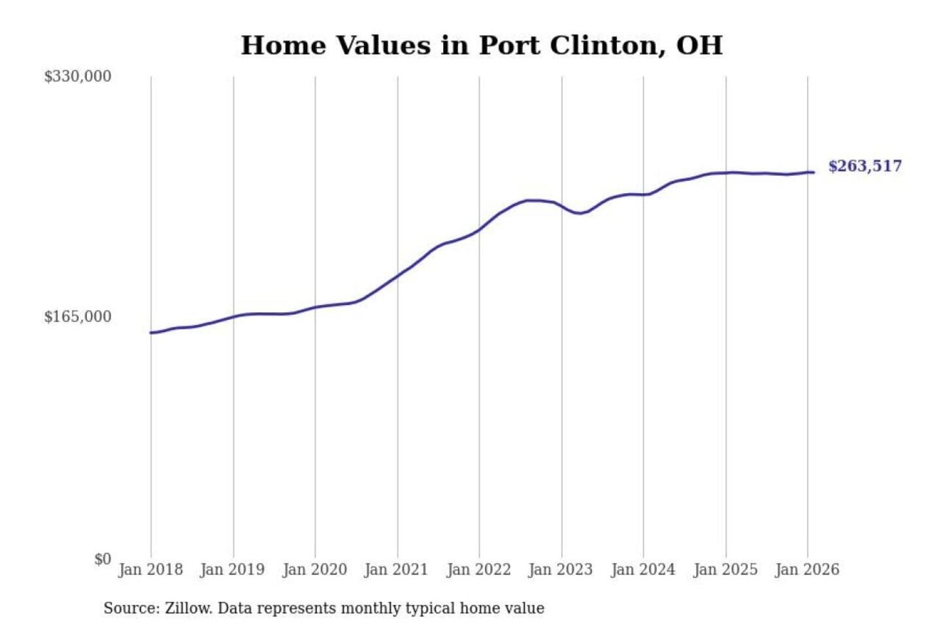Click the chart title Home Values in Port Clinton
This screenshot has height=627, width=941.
(x=482, y=46)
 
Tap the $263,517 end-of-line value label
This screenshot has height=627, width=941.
(x=865, y=166)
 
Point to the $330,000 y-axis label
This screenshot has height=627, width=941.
(x=78, y=76)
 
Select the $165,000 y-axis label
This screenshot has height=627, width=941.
(x=78, y=317)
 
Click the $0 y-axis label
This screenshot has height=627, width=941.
(x=103, y=559)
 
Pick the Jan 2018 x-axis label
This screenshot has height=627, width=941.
(x=150, y=570)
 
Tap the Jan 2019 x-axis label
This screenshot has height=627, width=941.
(x=232, y=570)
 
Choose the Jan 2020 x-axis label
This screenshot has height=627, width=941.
(x=314, y=570)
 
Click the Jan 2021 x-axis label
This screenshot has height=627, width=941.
(x=396, y=570)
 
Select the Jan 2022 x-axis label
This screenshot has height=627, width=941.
(x=478, y=570)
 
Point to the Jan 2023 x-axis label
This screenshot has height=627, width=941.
(x=560, y=570)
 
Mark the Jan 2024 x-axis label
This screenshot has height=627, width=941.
(x=642, y=570)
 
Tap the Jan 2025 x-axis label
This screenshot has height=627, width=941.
(x=725, y=570)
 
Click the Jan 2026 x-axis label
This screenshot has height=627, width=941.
(x=806, y=570)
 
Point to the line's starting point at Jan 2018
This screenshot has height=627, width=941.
(x=151, y=333)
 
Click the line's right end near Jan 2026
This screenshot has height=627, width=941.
(x=813, y=172)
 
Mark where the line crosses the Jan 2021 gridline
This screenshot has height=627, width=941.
(x=397, y=276)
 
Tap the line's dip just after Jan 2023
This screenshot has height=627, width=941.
(x=579, y=213)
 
